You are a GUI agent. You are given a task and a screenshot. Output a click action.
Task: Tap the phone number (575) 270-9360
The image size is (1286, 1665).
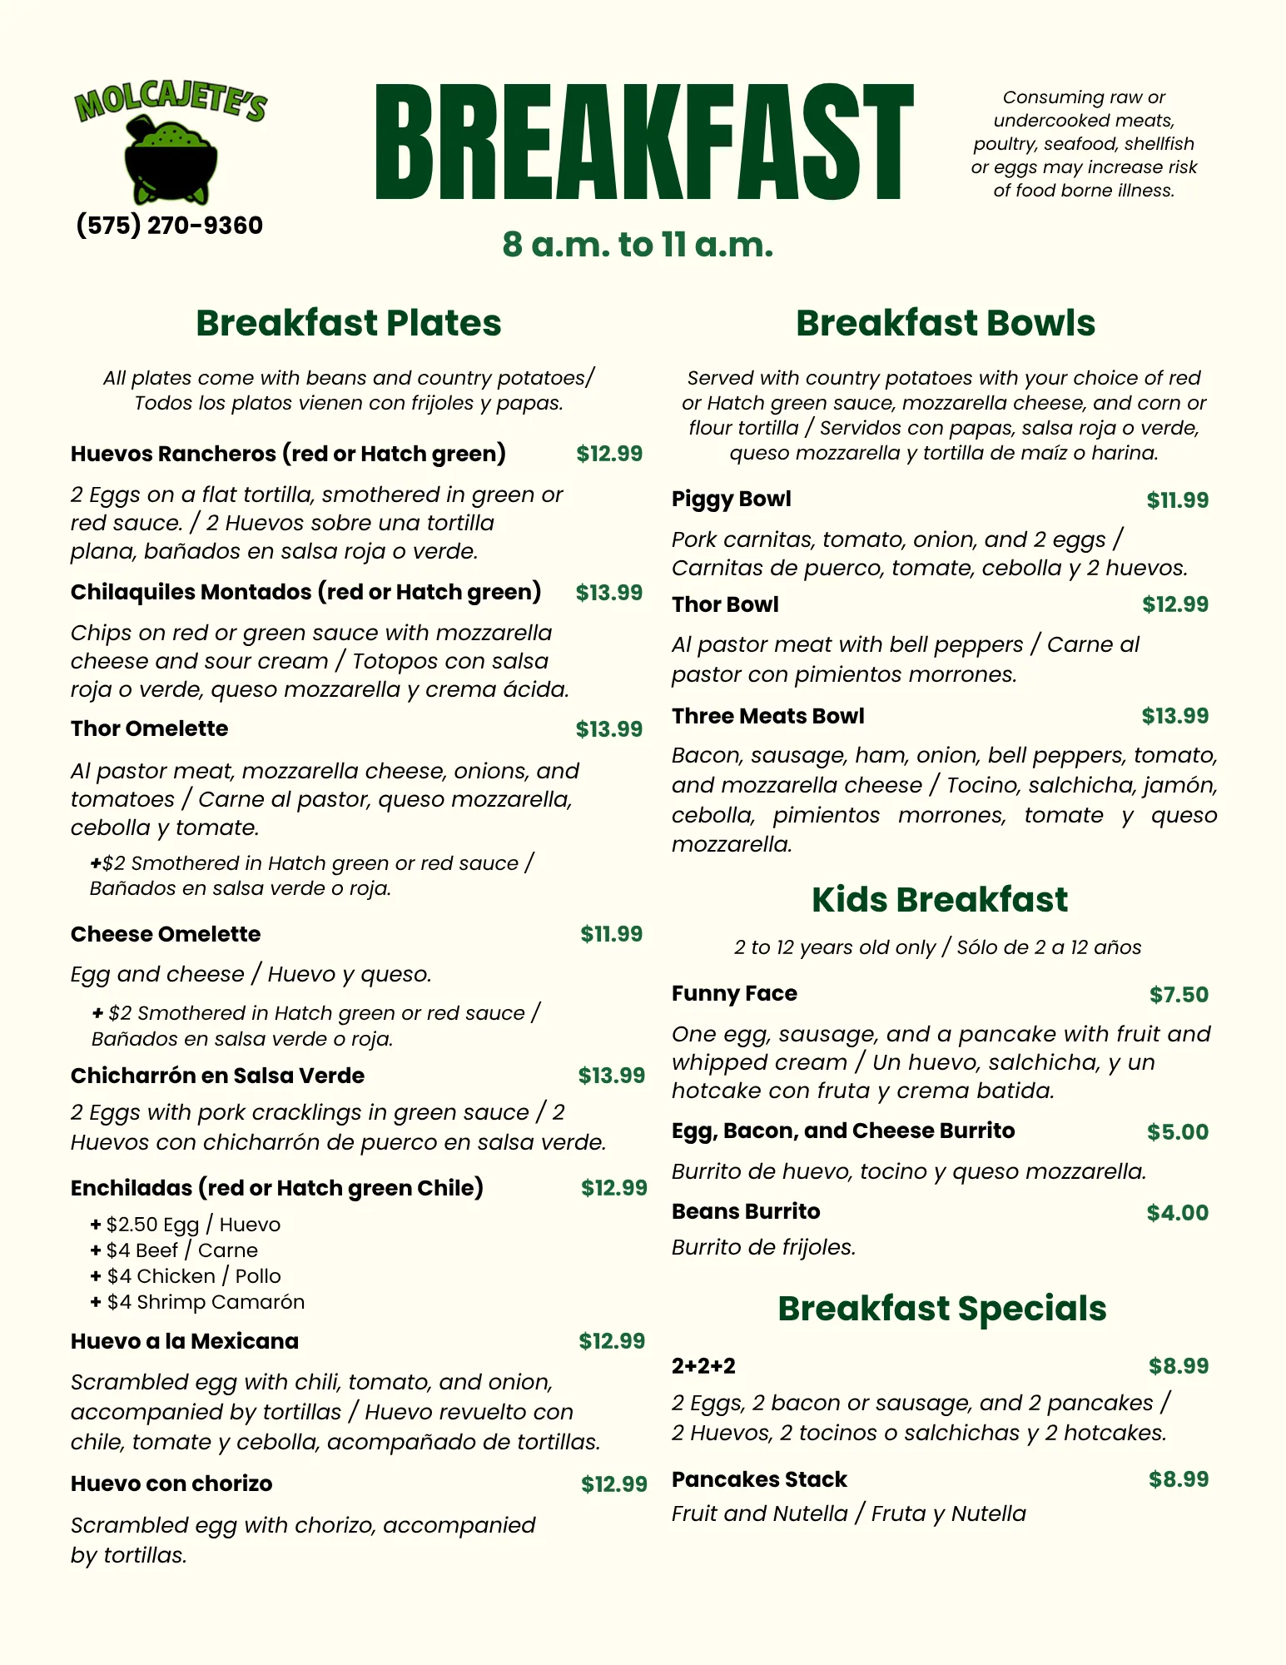169,226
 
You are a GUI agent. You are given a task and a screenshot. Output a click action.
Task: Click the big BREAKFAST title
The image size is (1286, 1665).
643,142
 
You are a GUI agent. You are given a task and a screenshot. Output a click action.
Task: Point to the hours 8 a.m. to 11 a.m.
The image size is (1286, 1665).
638,245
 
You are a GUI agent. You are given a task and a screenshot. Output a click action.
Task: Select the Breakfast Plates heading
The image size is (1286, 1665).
348,323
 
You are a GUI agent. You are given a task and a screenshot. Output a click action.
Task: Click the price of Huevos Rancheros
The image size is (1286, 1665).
609,454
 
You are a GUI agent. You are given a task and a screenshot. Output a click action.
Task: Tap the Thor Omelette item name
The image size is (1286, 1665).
149,728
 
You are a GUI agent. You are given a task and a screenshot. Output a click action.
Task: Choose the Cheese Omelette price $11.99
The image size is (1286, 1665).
611,934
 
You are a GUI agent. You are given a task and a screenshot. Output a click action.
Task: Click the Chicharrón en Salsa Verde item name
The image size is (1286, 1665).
217,1076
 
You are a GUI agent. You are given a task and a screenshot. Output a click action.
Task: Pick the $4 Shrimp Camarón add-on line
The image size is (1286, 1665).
198,1302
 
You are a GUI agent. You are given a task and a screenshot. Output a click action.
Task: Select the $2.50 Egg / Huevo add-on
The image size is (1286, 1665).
186,1225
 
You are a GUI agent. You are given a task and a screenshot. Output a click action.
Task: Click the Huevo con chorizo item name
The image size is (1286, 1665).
171,1484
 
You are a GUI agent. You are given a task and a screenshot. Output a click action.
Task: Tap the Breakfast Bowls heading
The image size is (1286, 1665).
945,323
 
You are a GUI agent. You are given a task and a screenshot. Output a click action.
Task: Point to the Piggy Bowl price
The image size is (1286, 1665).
1177,500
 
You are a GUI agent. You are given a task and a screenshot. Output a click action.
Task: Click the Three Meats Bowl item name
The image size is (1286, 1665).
767,716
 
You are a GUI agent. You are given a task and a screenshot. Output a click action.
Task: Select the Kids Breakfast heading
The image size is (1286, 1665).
939,900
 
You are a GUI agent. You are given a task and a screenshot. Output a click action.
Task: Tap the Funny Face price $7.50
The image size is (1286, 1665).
1179,995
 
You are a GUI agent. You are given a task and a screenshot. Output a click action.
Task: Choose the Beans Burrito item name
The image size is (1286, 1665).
746,1211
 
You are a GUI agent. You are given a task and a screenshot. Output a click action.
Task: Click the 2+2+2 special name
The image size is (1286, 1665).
703,1366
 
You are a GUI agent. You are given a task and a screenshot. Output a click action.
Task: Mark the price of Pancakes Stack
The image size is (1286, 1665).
1179,1479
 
